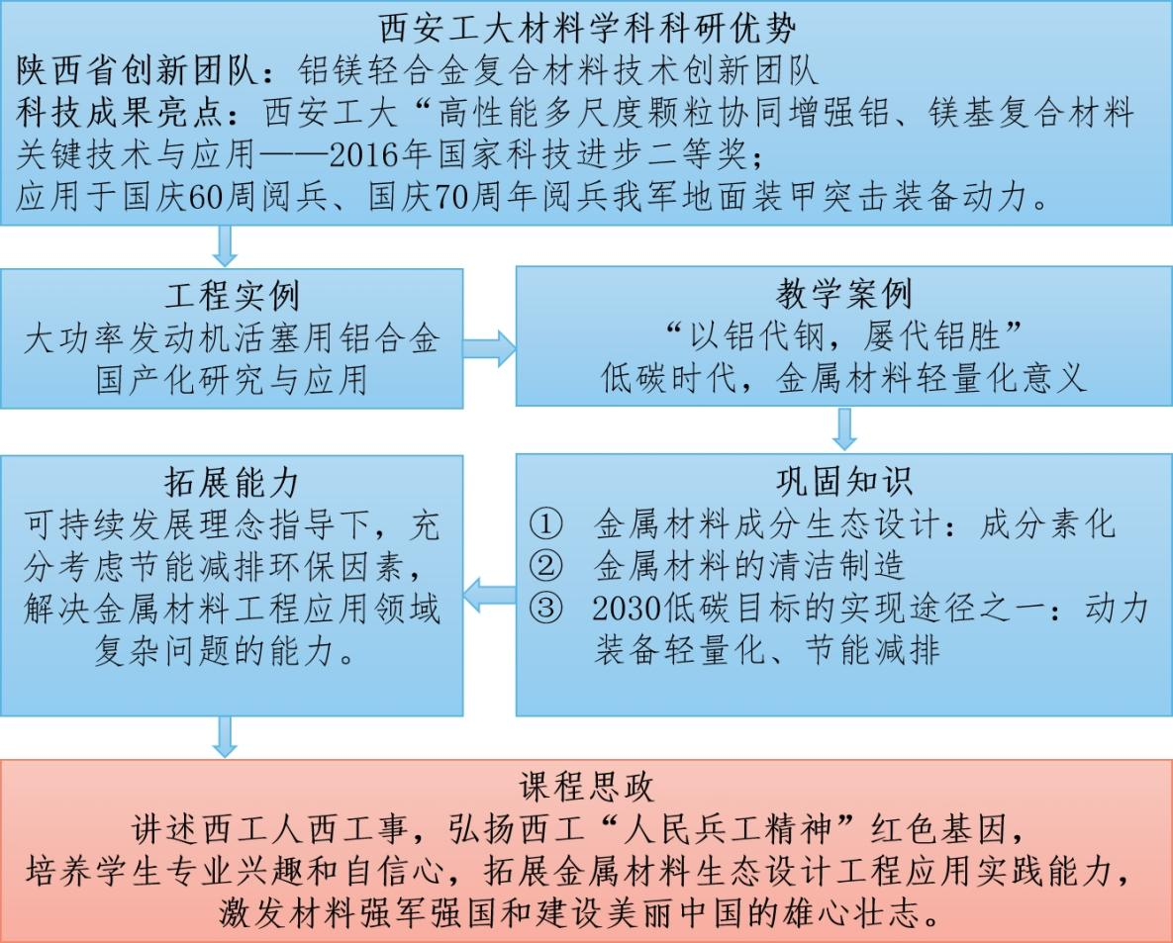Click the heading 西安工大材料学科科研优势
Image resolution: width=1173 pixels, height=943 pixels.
tap(587, 29)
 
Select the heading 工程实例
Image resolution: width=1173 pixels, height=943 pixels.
tap(232, 296)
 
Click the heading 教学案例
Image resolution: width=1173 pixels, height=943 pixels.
tap(843, 294)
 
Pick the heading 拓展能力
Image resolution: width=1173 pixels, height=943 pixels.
tap(232, 482)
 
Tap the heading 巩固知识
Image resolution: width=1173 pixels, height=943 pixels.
tap(843, 482)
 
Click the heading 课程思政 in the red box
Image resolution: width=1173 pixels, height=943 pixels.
tap(586, 787)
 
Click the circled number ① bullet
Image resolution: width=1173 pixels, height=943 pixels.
tap(545, 524)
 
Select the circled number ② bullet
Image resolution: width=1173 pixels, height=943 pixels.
tap(545, 566)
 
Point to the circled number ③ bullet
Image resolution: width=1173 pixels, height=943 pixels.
tap(545, 608)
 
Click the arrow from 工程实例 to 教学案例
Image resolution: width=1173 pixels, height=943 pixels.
tap(489, 348)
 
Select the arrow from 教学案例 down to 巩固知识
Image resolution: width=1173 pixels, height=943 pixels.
tap(844, 429)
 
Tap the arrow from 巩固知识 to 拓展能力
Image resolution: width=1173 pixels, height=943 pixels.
tap(489, 596)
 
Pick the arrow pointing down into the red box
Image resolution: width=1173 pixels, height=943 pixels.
tap(225, 736)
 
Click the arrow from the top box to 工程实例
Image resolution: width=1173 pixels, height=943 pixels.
tap(225, 246)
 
